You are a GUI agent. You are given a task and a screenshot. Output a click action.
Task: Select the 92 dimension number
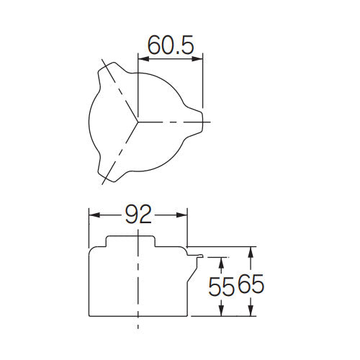click(138, 215)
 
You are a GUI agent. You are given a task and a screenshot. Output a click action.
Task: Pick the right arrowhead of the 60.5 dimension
click(199, 59)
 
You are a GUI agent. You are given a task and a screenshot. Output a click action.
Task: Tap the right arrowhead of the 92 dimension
click(184, 215)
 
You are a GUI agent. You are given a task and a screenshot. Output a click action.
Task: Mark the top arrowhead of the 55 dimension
click(220, 260)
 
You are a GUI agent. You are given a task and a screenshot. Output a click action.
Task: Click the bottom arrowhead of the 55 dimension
click(220, 312)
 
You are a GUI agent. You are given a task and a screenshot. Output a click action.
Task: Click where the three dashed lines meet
click(138, 120)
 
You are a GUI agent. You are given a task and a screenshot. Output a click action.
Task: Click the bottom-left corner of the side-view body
click(89, 315)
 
